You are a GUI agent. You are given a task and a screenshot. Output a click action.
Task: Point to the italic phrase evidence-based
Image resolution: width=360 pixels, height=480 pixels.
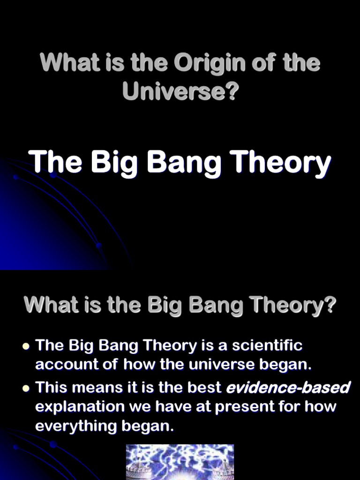point(288,388)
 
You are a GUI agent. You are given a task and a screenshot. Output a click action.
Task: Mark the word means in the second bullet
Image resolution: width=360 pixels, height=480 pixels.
point(103,388)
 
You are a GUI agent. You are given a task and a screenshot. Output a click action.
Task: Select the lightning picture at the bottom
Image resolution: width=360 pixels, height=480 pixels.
point(180,462)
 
